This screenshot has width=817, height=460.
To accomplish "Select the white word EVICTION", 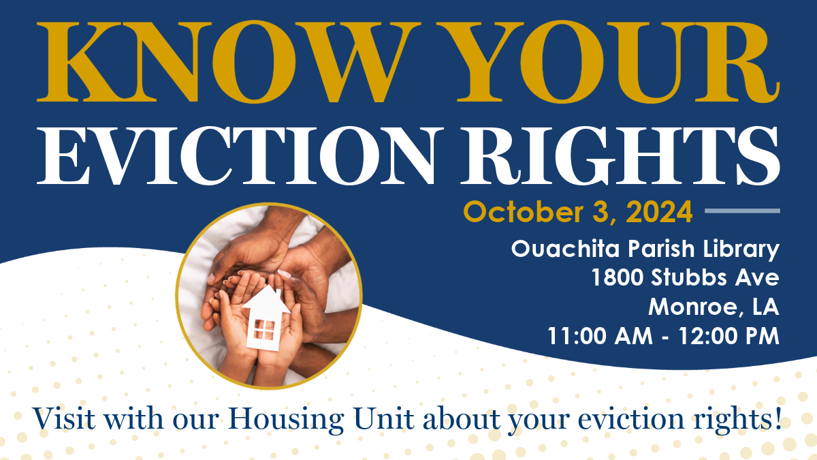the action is (240, 155).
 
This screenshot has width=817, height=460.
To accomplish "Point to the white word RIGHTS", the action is (620, 155).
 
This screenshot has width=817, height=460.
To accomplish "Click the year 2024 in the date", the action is (659, 212).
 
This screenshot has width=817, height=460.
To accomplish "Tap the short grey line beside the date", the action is (742, 211).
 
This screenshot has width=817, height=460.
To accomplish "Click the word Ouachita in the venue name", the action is (566, 249).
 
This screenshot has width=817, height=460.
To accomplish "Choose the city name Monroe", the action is (696, 307).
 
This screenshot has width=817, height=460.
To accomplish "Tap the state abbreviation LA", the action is (766, 307).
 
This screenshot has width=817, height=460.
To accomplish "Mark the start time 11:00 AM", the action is (600, 336).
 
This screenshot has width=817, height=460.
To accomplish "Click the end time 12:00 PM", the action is (729, 336).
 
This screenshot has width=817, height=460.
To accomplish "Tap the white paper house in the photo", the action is (266, 318).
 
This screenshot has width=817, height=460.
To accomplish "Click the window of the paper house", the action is (263, 329).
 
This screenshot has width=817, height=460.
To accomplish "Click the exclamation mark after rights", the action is (778, 418).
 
